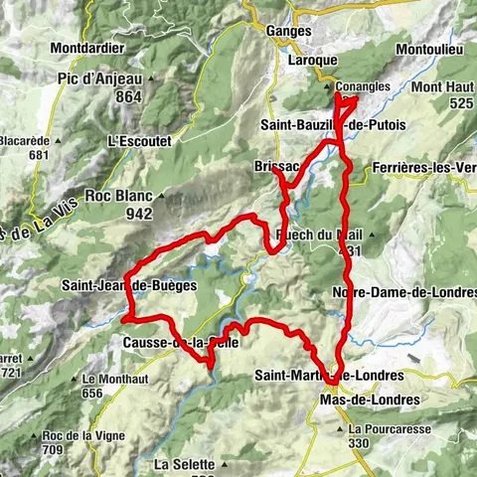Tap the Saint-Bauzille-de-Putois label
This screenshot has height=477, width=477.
(318, 125)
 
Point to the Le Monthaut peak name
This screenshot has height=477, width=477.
(106, 379)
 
